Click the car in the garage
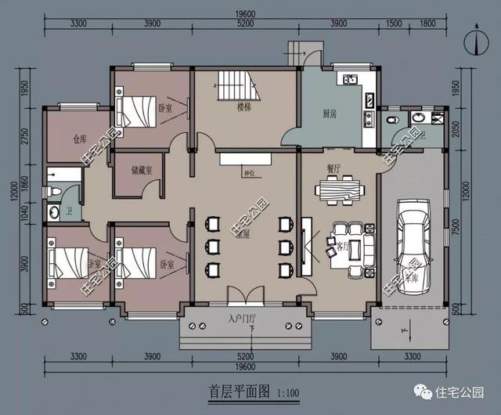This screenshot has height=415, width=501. pyautogui.click(x=413, y=247)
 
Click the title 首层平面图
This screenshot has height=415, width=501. pyautogui.click(x=240, y=389)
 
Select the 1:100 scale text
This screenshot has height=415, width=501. pyautogui.click(x=287, y=391)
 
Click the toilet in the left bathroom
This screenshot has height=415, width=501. pyautogui.click(x=53, y=192)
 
